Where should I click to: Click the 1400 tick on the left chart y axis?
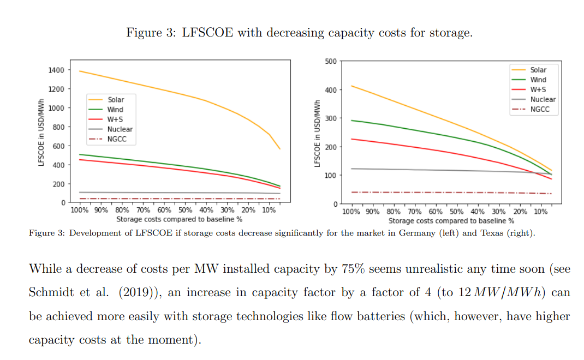click(x=55, y=70)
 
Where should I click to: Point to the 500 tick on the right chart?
click(x=331, y=61)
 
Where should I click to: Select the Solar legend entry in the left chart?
click(x=115, y=100)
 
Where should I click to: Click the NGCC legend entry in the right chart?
click(x=540, y=109)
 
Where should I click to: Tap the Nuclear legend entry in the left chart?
click(x=120, y=129)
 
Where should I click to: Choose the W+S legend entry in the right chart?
click(x=539, y=89)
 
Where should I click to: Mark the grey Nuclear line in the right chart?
click(x=437, y=170)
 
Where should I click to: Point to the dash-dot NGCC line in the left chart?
click(x=164, y=199)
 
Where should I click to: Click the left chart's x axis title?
click(x=179, y=219)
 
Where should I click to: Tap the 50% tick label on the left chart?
click(x=185, y=210)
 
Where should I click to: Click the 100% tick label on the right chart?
click(x=352, y=212)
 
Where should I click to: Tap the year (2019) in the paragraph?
click(x=136, y=293)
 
